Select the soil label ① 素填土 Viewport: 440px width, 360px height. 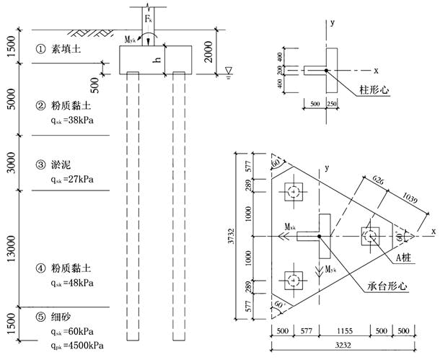click(58, 50)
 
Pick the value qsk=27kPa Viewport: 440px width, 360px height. click(73, 177)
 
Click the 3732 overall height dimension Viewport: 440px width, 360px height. click(231, 235)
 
